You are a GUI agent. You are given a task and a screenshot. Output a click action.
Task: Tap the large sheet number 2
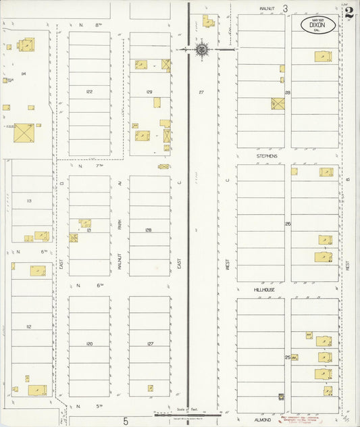coord(349,12)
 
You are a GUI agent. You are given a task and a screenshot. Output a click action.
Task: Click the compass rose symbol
coord(202,49)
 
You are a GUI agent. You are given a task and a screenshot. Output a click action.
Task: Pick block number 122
coord(88,91)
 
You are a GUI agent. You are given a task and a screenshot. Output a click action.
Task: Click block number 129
coord(149,91)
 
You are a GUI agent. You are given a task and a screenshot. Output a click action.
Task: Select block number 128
coord(148,230)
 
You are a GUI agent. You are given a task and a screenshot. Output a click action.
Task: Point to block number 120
coord(88,343)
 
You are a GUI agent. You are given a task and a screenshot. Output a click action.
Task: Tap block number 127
coord(150,343)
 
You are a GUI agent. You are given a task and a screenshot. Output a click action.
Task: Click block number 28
coord(288,92)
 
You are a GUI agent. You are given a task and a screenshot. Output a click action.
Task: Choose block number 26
coord(288,224)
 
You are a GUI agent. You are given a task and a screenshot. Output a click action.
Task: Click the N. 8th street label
coord(89,25)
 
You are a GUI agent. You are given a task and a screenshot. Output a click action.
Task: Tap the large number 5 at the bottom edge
coord(126,420)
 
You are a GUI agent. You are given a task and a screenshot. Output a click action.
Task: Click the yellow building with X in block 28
coord(278,104)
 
